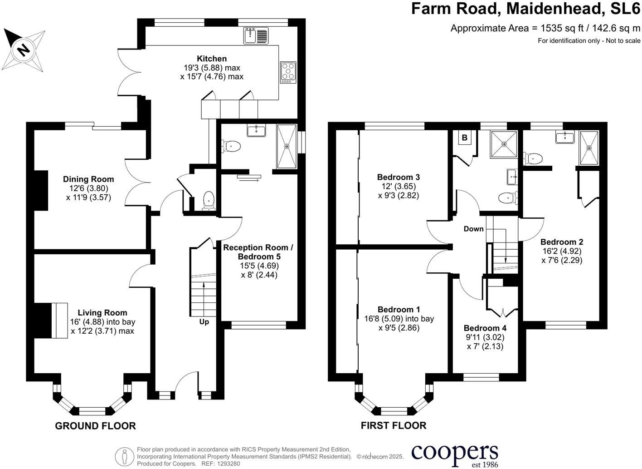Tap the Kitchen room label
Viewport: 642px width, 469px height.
212,59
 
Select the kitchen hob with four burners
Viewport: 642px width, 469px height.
287,72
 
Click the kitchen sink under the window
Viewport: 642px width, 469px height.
256,35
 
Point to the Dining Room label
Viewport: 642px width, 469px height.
88,179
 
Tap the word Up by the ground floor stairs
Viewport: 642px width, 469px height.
204,322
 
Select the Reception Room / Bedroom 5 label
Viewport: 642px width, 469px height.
258,252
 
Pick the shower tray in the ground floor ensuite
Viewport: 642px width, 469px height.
287,146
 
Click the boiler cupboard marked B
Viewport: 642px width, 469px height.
464,138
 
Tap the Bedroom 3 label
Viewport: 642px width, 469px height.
399,177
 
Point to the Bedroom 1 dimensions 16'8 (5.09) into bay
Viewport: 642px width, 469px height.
399,319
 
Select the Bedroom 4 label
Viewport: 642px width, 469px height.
485,328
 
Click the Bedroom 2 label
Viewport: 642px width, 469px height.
562,242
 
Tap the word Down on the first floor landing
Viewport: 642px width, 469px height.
473,229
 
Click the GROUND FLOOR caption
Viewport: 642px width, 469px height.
95,426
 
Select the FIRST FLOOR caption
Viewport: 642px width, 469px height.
394,426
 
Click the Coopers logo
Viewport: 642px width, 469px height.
454,454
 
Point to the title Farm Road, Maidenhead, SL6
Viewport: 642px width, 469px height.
525,9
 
